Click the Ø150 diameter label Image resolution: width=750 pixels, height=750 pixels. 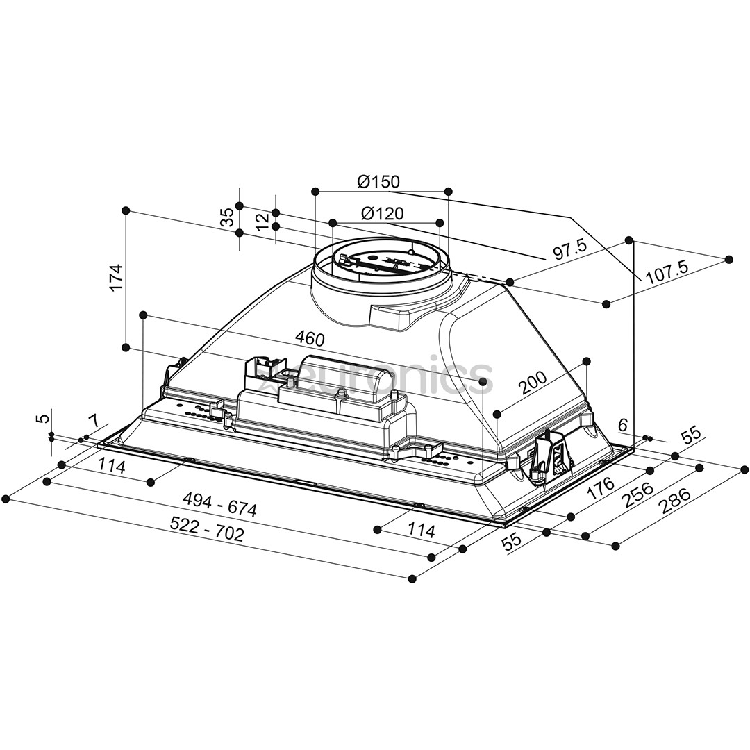pos(378,182)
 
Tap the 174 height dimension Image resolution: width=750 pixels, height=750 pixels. pos(116,276)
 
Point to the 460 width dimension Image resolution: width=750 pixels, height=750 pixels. pos(310,339)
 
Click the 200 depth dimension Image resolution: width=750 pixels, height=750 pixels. pos(533,382)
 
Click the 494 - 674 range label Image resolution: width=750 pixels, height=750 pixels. pos(219,503)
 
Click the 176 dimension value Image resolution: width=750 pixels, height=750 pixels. pos(601,487)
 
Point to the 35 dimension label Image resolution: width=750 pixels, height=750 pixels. pos(227,218)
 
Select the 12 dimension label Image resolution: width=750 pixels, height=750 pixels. pos(262,222)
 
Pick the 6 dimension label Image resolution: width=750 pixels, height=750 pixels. pos(622,424)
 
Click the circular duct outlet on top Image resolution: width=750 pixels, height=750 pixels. pos(381,264)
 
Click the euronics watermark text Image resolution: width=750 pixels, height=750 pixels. pos(375,378)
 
